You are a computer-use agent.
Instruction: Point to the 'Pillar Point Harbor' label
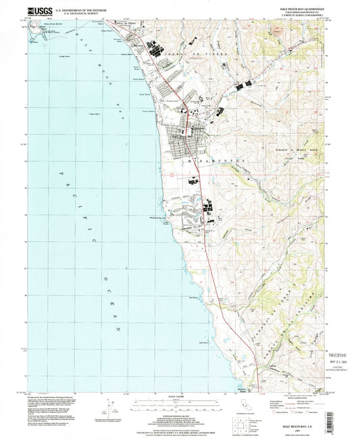click(51, 24)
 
